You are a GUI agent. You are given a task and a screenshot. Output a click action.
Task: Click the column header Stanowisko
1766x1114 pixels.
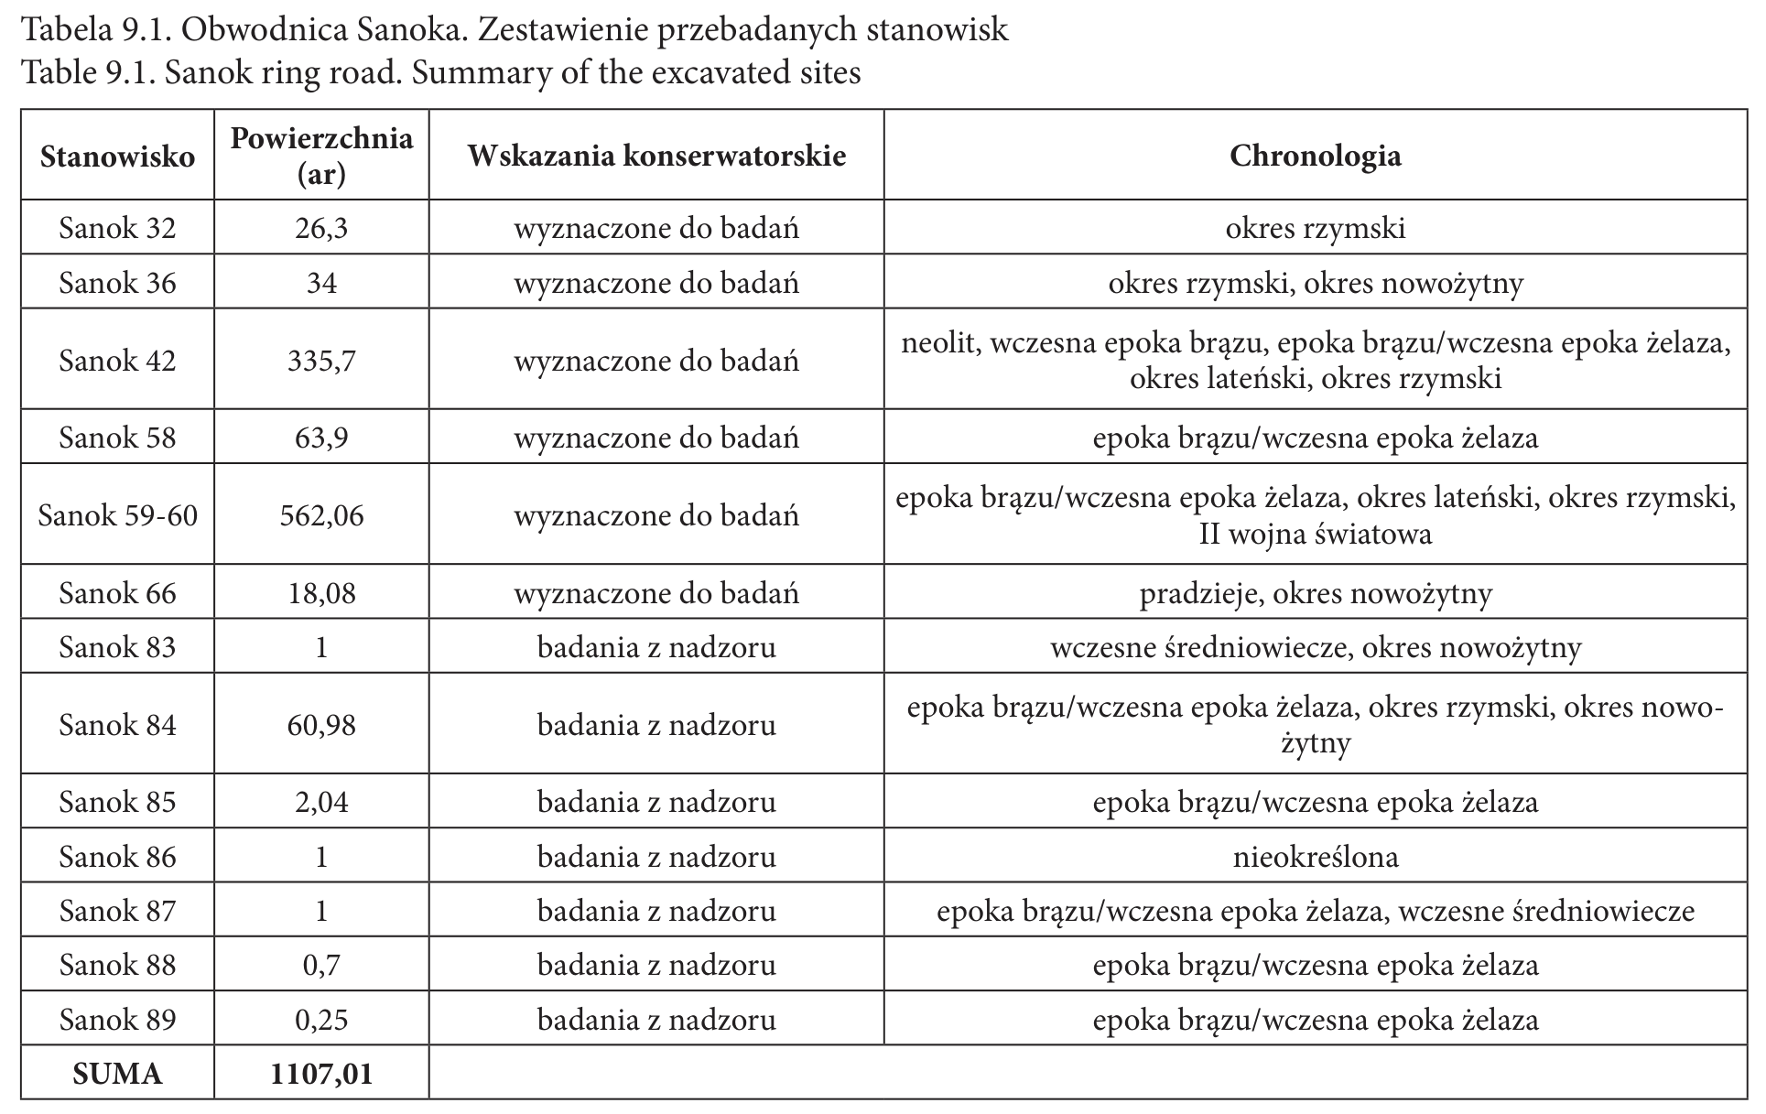[x=117, y=156]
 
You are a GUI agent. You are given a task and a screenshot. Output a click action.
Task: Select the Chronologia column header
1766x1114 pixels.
[x=1315, y=156]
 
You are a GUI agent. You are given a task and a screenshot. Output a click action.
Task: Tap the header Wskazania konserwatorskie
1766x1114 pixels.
[x=656, y=156]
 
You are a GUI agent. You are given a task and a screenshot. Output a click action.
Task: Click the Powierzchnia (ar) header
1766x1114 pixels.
[x=321, y=156]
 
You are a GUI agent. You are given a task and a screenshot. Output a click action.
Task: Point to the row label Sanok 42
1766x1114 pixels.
[x=117, y=361]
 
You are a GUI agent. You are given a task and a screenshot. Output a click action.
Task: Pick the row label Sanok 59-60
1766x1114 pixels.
[x=117, y=515]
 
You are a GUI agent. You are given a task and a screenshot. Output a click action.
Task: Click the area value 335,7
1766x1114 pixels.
[x=321, y=361]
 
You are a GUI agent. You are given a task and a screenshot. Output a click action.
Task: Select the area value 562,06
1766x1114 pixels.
[x=321, y=515]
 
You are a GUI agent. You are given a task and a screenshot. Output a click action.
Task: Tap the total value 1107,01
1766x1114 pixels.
[x=321, y=1073]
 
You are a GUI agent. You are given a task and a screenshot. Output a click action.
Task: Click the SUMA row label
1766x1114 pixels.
[x=117, y=1073]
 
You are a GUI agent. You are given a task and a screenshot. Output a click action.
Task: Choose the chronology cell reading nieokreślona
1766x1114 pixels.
[x=1315, y=857]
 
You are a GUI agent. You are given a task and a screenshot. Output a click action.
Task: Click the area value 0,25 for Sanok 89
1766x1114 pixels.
[x=321, y=1019]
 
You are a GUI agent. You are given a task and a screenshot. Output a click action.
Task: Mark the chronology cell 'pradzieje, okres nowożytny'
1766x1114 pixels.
[x=1315, y=593]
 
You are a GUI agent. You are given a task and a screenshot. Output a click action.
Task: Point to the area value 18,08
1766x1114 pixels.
[x=321, y=593]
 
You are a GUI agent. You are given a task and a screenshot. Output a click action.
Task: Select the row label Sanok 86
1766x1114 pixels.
[x=117, y=857]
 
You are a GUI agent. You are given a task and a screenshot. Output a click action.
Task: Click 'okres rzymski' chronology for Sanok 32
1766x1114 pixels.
[x=1315, y=228]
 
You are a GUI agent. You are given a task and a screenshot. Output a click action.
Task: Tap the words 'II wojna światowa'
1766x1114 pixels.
[x=1315, y=534]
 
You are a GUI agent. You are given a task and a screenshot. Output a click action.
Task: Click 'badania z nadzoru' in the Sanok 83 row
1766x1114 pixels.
[x=656, y=648]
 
